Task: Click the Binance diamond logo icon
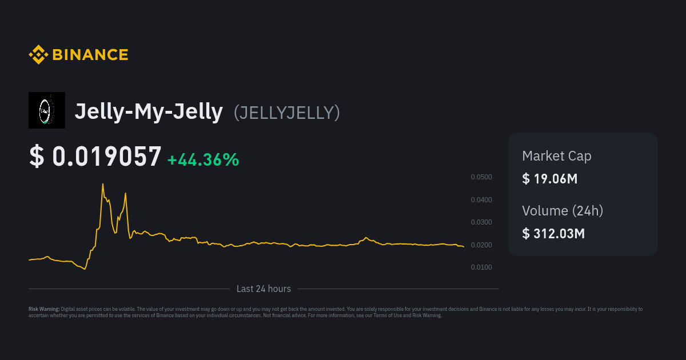(38, 55)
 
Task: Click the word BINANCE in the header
(90, 55)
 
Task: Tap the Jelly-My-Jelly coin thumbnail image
(47, 110)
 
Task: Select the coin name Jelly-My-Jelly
(149, 111)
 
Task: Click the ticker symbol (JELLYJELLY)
(287, 113)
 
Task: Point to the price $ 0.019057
(95, 157)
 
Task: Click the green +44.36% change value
(203, 160)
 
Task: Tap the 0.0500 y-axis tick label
(481, 177)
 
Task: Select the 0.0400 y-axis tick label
(481, 200)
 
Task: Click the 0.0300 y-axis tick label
(481, 222)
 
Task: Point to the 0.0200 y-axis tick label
(481, 245)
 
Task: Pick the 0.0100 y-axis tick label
(481, 267)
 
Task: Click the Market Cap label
(557, 156)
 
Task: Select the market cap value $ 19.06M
(550, 179)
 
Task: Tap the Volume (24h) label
(563, 211)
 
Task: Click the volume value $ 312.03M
(553, 234)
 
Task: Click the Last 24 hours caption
(264, 289)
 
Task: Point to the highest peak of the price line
(103, 184)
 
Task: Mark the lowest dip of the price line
(85, 269)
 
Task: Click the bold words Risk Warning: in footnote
(44, 309)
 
